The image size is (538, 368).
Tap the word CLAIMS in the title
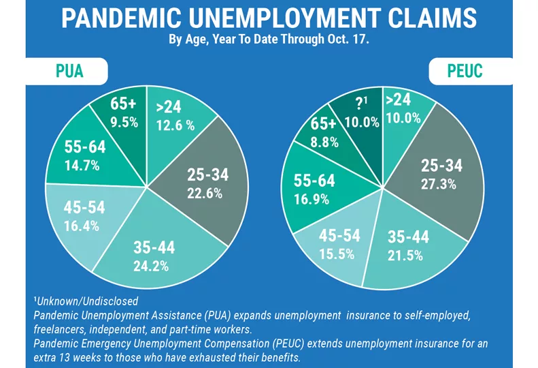[435, 18]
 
